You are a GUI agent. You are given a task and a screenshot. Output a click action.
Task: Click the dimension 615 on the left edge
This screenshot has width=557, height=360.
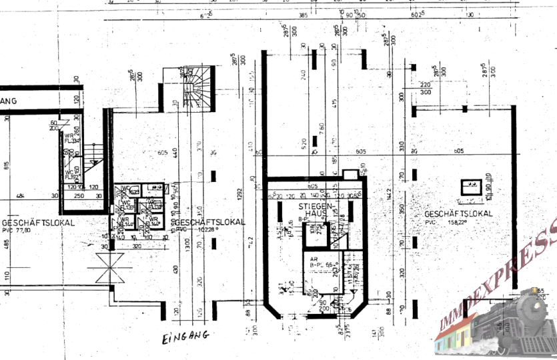click(x=7, y=166)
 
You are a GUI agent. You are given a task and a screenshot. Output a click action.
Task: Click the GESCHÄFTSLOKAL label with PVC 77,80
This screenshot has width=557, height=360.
click(x=30, y=223)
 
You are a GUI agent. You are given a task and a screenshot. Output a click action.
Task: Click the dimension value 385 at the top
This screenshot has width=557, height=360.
click(x=302, y=15)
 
